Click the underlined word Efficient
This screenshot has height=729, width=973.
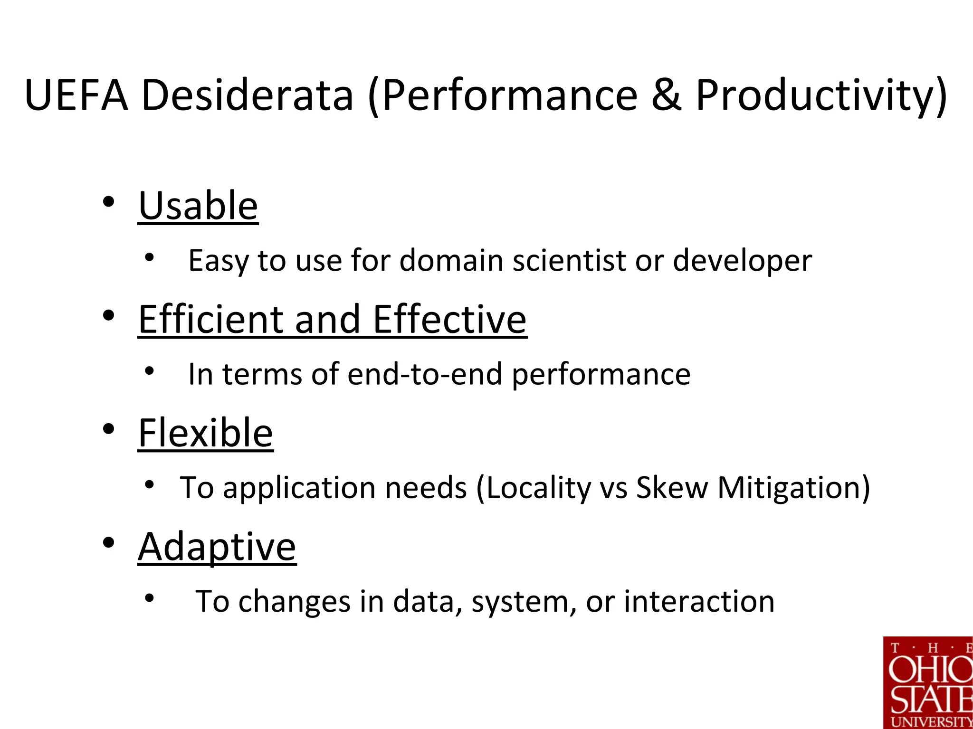click(x=210, y=319)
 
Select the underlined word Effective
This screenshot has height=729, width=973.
click(x=449, y=319)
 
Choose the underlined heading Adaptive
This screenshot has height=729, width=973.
click(x=217, y=547)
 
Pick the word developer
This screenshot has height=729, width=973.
click(x=742, y=260)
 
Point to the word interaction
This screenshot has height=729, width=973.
click(x=699, y=601)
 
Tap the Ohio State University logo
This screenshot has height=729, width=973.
click(x=928, y=682)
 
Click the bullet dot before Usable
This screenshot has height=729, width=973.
click(x=109, y=202)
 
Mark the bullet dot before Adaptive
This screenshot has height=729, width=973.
click(x=109, y=542)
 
